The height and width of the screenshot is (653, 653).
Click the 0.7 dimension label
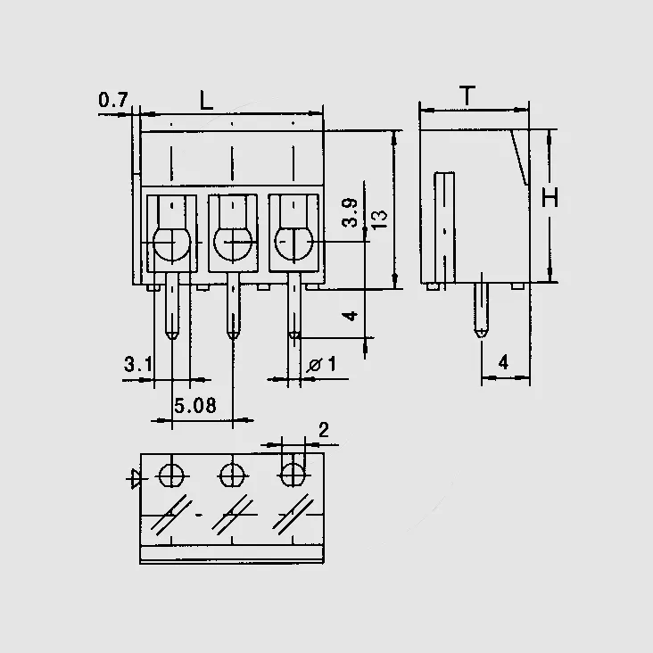pyautogui.click(x=113, y=100)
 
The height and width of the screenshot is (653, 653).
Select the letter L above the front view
pyautogui.click(x=206, y=101)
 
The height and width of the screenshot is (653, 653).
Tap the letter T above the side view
pyautogui.click(x=467, y=95)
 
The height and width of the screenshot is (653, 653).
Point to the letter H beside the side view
pyautogui.click(x=550, y=197)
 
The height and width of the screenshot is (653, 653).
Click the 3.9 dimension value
pyautogui.click(x=350, y=213)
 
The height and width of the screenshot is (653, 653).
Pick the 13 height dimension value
pyautogui.click(x=379, y=219)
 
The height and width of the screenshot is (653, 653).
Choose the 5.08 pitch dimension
pyautogui.click(x=195, y=406)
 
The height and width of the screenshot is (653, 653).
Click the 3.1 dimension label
pyautogui.click(x=138, y=364)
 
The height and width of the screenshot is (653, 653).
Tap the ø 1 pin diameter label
pyautogui.click(x=321, y=364)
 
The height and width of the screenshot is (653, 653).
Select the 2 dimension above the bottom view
pyautogui.click(x=324, y=430)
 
